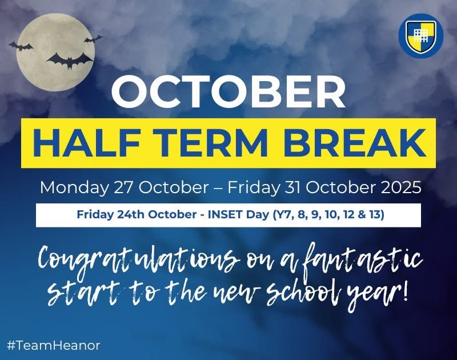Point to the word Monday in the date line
tap(67, 187)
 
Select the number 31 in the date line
tap(307, 187)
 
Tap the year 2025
tap(400, 187)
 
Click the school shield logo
tap(421, 36)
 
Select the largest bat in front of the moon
tap(70, 59)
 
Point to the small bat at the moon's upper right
tap(93, 39)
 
